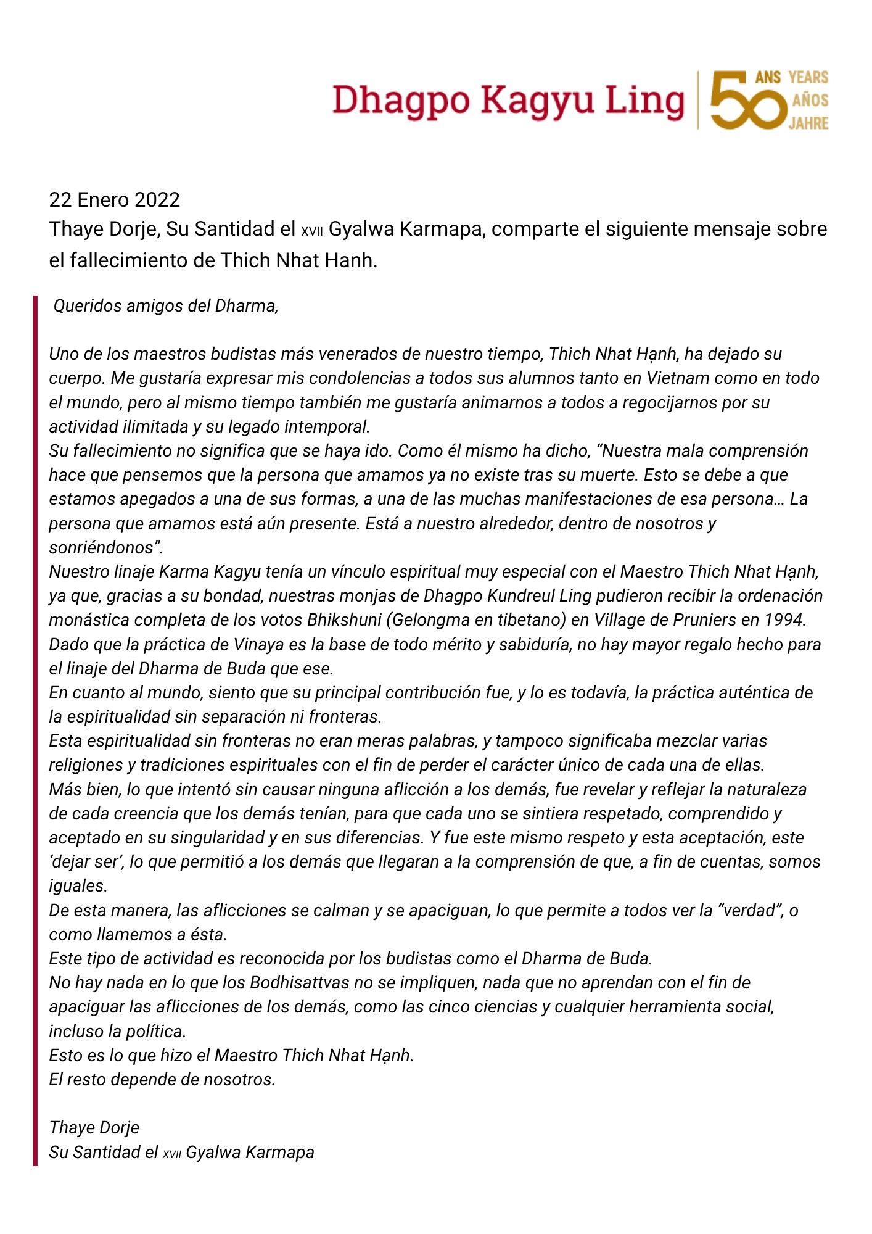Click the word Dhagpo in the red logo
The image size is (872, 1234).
coord(401,101)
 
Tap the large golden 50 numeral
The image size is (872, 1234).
coord(747,100)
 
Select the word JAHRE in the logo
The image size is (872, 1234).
coord(808,123)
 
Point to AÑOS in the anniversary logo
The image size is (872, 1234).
coord(810,100)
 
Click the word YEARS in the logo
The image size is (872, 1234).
coord(808,77)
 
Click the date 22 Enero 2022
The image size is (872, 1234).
coord(114,200)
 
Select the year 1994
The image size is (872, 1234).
coord(785,620)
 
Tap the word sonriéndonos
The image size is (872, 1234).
coord(105,548)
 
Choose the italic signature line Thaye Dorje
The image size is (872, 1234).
coord(94,1128)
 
